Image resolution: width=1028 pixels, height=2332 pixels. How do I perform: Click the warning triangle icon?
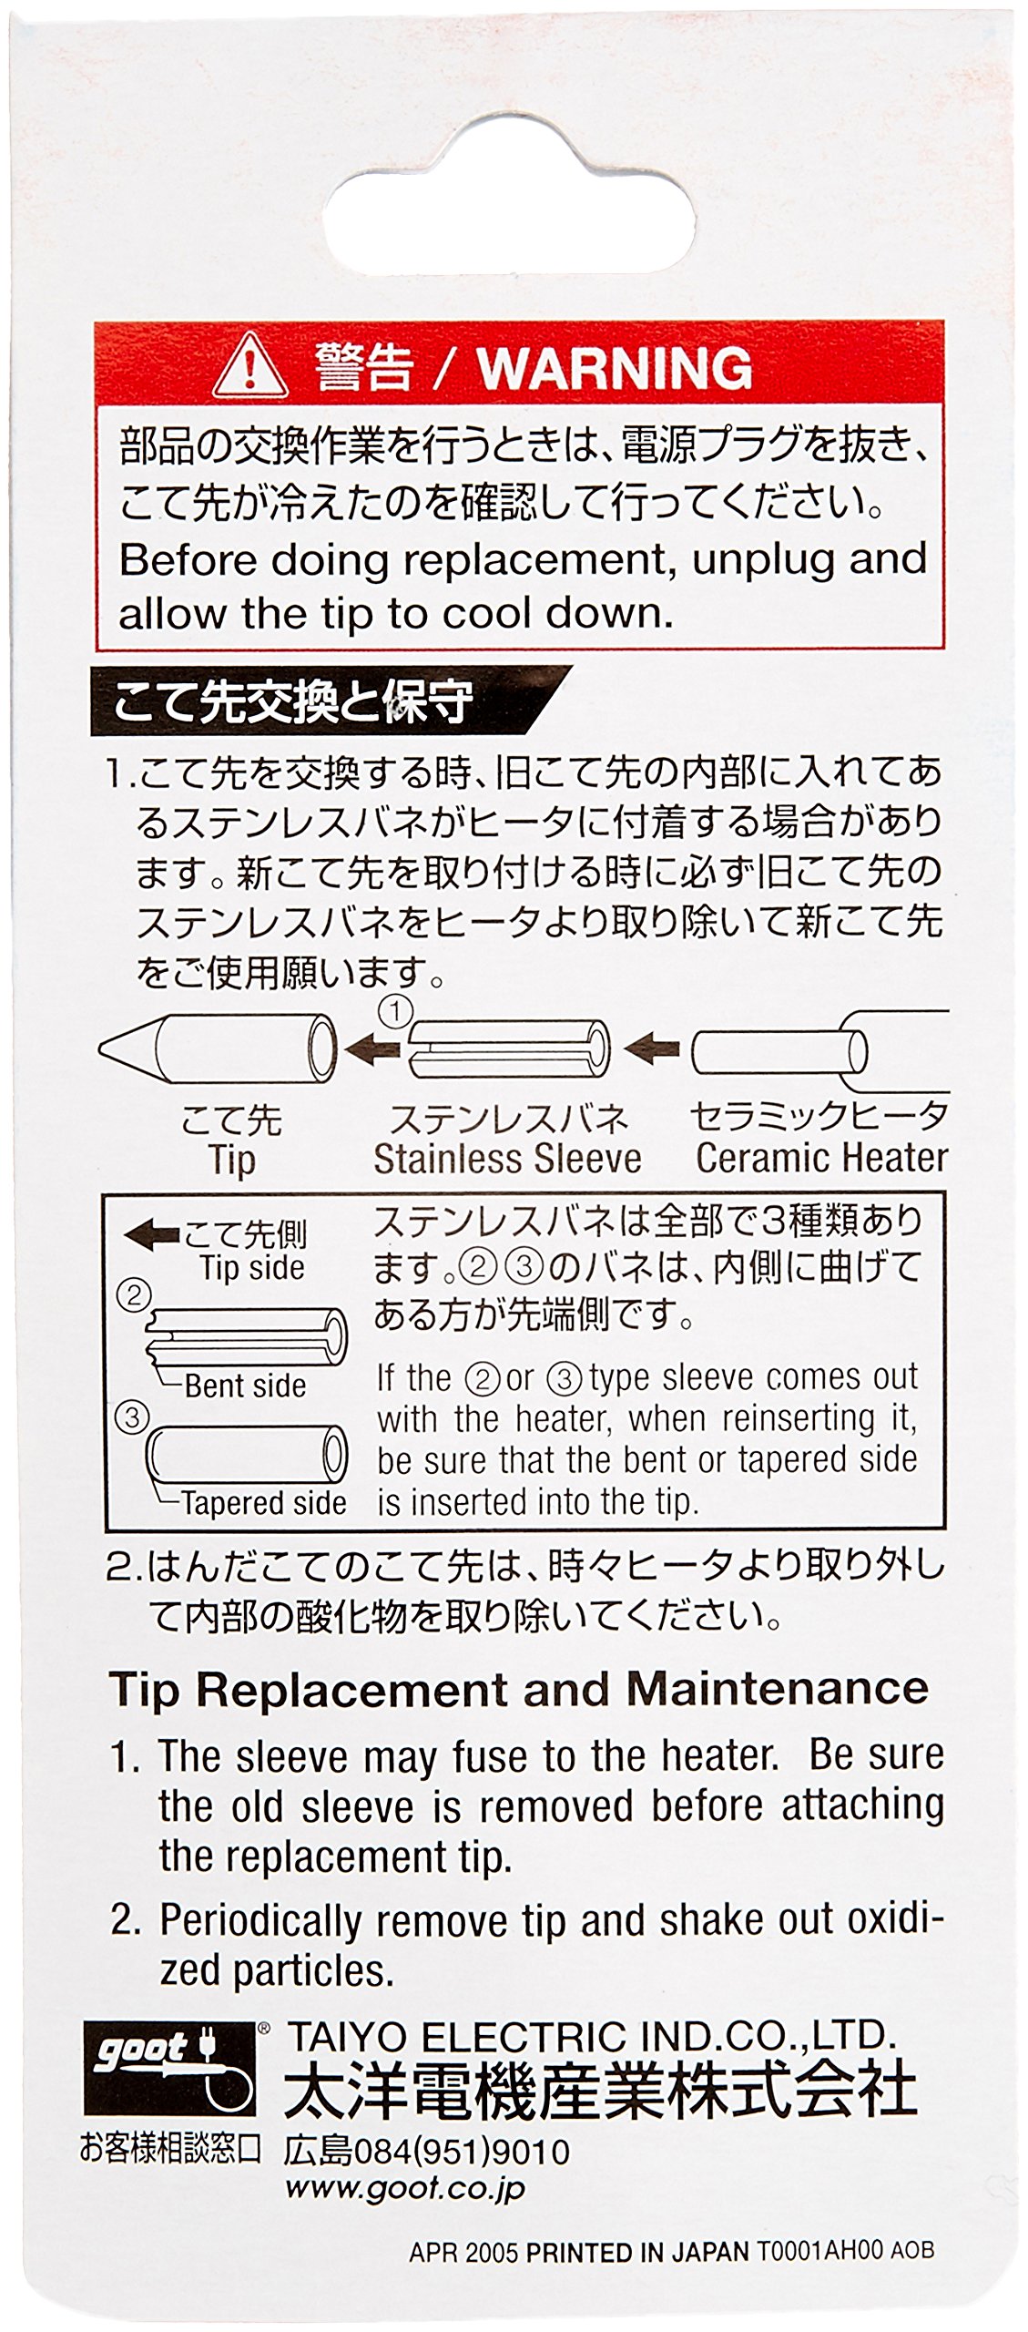click(249, 368)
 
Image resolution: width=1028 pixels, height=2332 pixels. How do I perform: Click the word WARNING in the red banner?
click(615, 368)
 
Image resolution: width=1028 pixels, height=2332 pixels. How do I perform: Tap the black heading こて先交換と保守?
click(292, 702)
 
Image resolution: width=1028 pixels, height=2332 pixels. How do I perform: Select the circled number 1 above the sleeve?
click(395, 1011)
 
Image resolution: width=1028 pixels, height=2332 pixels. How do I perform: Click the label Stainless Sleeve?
click(507, 1159)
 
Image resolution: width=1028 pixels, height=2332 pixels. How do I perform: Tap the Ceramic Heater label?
click(821, 1158)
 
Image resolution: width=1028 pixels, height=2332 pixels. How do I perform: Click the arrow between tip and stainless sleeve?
click(372, 1049)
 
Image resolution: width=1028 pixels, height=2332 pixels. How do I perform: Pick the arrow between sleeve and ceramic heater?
click(652, 1048)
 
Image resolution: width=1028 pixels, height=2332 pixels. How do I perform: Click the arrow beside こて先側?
click(151, 1235)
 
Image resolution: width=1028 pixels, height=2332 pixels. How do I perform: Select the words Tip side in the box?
click(252, 1268)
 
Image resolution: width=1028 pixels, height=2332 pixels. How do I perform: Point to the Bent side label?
click(245, 1386)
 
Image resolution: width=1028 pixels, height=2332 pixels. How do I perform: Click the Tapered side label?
click(264, 1502)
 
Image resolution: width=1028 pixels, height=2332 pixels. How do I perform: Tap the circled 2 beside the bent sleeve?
click(134, 1295)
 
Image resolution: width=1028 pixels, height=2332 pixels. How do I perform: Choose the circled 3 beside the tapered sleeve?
click(132, 1417)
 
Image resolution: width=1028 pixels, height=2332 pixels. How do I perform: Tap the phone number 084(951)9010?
click(461, 2152)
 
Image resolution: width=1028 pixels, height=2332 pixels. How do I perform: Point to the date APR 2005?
click(463, 2252)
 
